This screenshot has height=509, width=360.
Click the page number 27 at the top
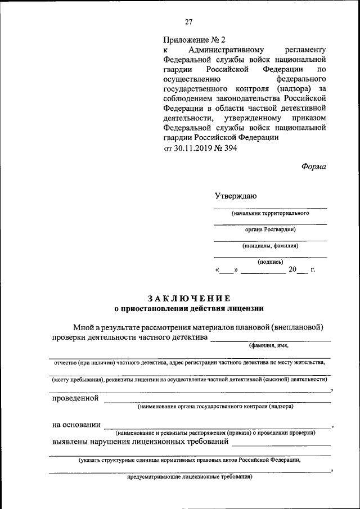coord(188,22)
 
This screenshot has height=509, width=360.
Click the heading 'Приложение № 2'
coord(193,40)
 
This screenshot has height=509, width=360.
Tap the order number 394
coord(230,148)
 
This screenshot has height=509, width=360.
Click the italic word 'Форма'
coord(313,166)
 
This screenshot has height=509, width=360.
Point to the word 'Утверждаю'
coord(236,196)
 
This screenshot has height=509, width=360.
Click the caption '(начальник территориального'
coord(270,214)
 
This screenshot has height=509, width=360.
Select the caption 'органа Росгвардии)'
coord(270,229)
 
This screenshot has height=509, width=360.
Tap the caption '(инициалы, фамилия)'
coord(270,246)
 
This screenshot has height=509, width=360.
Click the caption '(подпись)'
coord(270,262)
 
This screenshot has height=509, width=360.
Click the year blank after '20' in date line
coord(302,271)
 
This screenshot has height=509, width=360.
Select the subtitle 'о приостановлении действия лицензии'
coord(188,308)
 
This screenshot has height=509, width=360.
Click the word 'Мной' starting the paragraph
coord(83,327)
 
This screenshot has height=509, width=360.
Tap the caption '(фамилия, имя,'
coord(269,346)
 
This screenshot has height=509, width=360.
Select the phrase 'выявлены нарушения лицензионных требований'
coord(140,442)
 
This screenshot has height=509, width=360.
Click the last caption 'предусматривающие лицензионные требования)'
coord(190,477)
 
